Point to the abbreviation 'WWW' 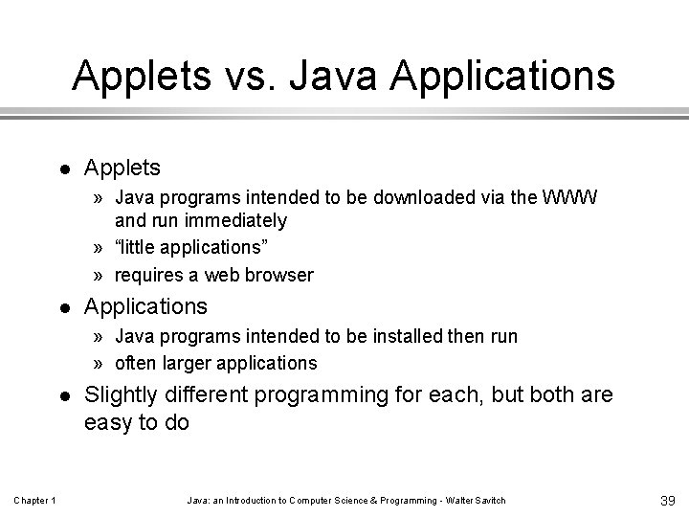click(x=570, y=198)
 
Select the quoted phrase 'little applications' click(x=192, y=247)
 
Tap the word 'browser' click(x=277, y=275)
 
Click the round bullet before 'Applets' click(x=62, y=169)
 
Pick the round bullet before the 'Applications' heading click(x=62, y=306)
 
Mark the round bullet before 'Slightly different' click(x=62, y=395)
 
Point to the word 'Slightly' click(x=120, y=393)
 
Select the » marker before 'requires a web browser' click(x=100, y=276)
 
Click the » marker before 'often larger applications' click(x=100, y=364)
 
